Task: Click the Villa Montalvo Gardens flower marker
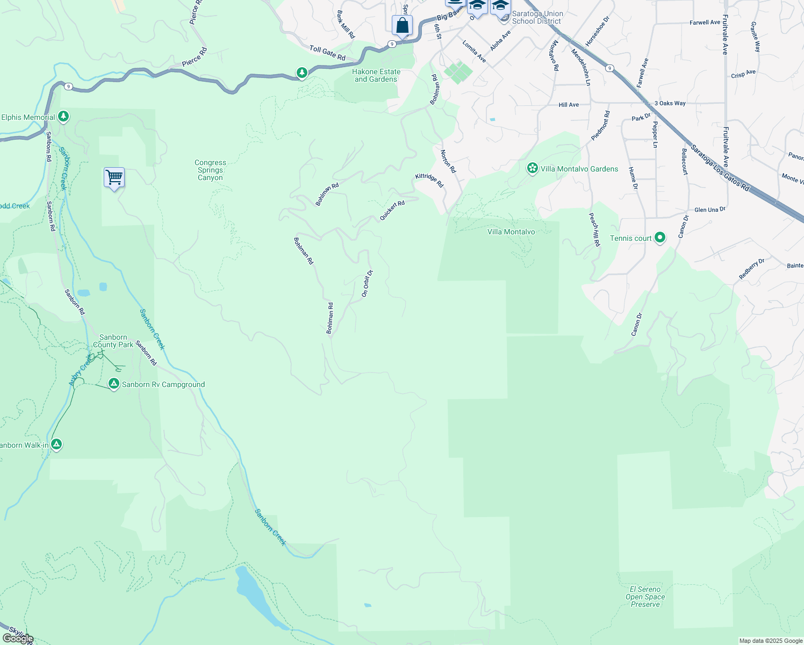(532, 169)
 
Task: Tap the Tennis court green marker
(661, 238)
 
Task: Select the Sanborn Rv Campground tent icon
(113, 384)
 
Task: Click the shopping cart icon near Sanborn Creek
(114, 177)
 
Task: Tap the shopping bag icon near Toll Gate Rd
(402, 25)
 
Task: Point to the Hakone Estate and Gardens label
(376, 75)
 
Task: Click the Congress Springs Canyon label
(210, 170)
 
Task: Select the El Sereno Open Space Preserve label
(645, 597)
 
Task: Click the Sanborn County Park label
(113, 341)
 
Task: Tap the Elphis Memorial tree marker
(63, 116)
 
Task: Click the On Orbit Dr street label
(367, 284)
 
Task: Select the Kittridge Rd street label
(429, 180)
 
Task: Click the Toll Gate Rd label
(327, 53)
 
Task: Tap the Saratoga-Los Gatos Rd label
(720, 168)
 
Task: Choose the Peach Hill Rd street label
(594, 230)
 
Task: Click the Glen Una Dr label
(709, 210)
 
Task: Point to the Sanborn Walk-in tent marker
(56, 445)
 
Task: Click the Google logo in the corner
(18, 639)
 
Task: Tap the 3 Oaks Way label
(670, 103)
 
